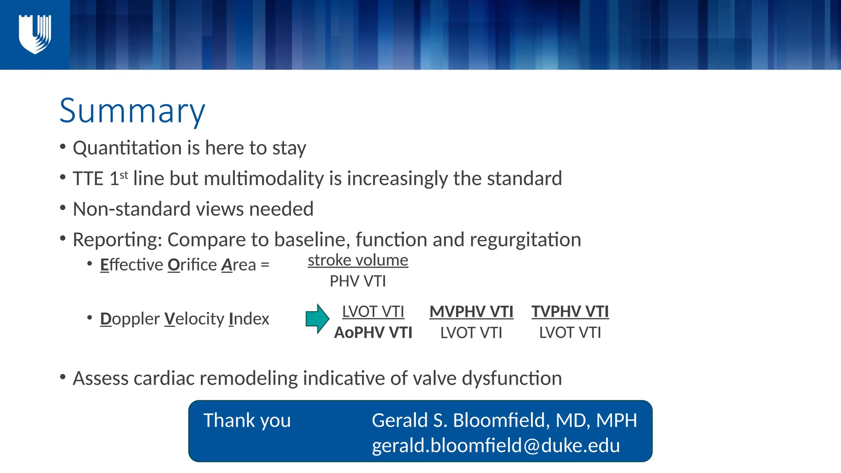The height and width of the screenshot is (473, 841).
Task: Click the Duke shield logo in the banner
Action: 35,34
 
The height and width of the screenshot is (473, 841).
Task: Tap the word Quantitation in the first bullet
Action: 127,148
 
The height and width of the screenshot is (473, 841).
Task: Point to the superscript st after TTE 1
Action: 124,175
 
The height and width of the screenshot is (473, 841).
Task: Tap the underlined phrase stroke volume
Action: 358,260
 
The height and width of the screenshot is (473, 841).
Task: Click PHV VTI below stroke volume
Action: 358,281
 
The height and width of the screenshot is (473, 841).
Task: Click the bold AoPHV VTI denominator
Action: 373,333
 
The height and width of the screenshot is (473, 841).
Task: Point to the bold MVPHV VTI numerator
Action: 471,312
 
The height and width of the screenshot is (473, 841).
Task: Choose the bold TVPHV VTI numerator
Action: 570,312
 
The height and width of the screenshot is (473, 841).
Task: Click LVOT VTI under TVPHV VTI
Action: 570,333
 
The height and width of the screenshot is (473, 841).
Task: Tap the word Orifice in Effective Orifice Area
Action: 192,265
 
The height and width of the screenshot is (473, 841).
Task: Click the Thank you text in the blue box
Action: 247,420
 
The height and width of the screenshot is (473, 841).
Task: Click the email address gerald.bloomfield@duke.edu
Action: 496,445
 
